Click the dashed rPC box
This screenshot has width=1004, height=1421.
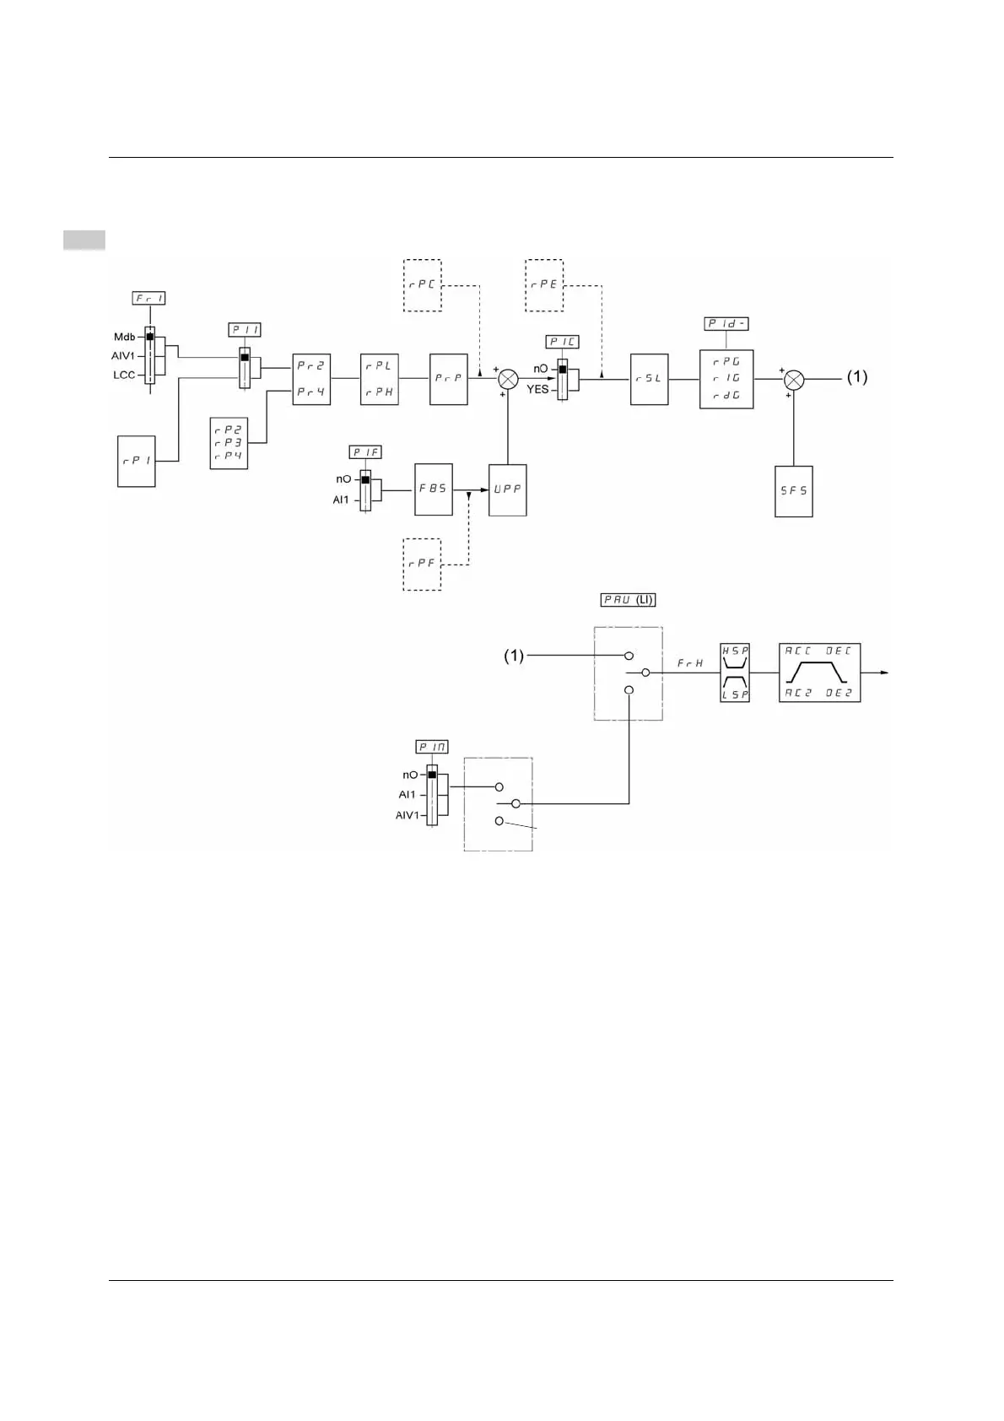(x=422, y=285)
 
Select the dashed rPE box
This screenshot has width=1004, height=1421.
(x=544, y=285)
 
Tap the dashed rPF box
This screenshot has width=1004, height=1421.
(x=422, y=564)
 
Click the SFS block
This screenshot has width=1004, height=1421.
(x=793, y=491)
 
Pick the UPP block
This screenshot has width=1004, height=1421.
(x=507, y=489)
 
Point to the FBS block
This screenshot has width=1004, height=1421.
(x=433, y=489)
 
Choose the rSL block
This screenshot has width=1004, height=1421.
(x=649, y=379)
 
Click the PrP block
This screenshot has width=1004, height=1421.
(x=448, y=379)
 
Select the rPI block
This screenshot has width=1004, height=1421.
(x=136, y=461)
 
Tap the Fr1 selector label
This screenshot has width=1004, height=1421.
(x=149, y=298)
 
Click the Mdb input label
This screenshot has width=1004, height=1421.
(x=124, y=337)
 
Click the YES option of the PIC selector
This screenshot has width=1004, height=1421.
(x=537, y=390)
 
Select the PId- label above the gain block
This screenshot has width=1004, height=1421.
(x=726, y=324)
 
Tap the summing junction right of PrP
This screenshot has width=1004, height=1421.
(x=507, y=379)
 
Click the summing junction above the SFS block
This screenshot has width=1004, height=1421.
(x=793, y=380)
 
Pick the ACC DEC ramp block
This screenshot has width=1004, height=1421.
(x=819, y=673)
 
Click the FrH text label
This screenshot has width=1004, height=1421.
(x=690, y=664)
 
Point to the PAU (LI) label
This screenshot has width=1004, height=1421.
(x=628, y=600)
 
